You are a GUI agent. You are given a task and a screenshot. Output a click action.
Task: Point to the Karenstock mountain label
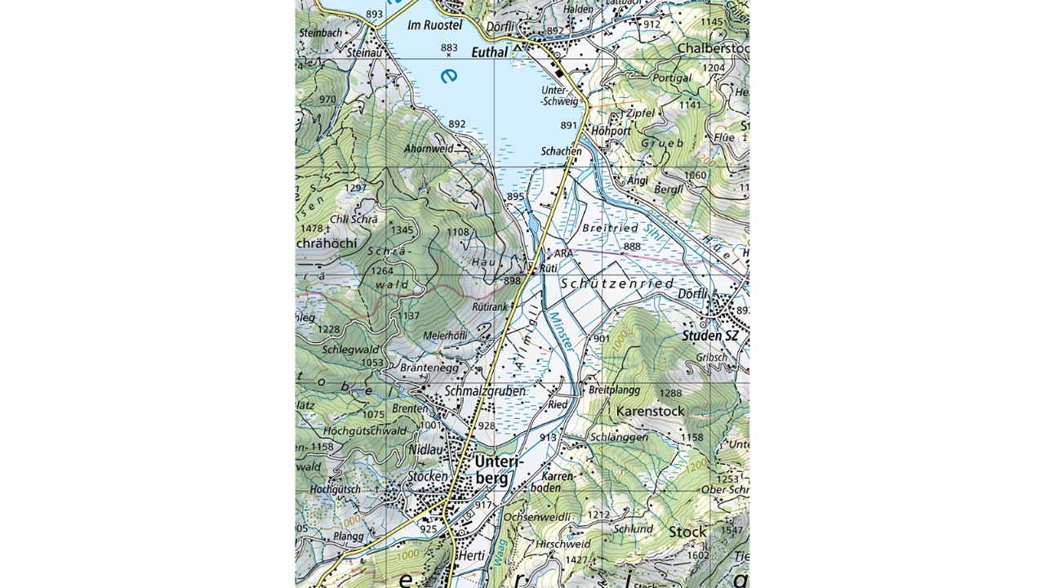(650, 411)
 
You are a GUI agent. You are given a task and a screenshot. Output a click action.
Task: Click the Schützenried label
(618, 283)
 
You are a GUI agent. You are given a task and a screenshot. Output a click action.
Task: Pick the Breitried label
(609, 228)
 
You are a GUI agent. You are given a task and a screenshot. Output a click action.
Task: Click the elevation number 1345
(402, 229)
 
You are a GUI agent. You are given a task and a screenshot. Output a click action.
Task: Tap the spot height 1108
(458, 233)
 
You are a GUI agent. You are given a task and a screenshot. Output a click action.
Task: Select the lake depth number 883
(449, 47)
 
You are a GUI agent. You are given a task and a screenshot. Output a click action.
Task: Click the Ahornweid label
(429, 149)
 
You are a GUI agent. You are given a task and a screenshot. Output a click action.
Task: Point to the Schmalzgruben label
(485, 391)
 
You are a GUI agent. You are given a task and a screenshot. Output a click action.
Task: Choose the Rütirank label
(489, 307)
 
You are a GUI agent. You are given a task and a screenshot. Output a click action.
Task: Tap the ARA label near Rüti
(564, 254)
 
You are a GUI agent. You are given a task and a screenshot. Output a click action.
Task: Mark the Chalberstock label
(712, 49)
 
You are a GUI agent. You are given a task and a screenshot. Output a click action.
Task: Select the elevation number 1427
(576, 559)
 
